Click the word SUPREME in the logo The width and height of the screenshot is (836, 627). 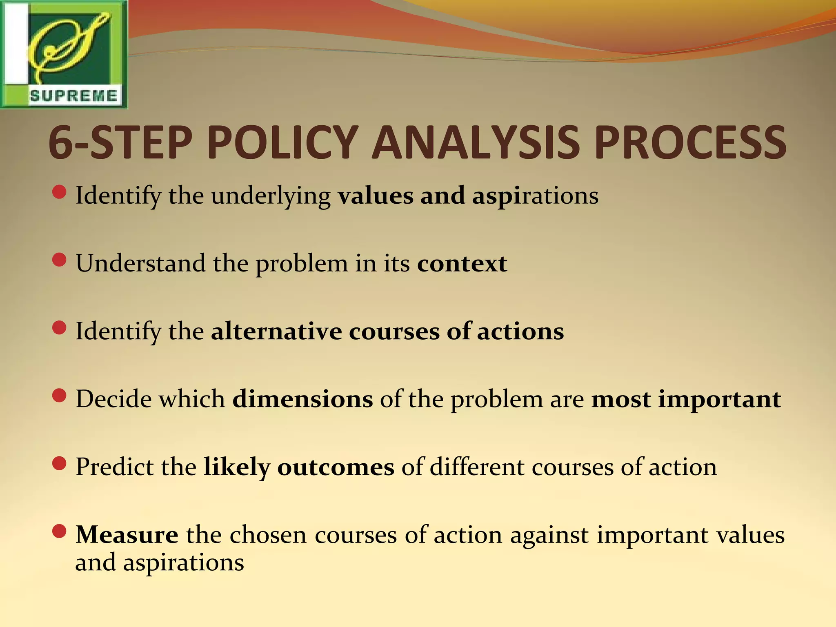73,96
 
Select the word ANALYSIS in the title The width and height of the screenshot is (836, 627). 476,142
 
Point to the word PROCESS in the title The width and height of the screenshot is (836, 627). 689,142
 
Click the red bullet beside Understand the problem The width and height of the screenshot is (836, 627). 60,260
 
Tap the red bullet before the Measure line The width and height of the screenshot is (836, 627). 60,531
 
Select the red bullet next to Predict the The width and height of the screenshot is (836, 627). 60,464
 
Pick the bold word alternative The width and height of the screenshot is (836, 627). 276,331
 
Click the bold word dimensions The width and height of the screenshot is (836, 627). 302,399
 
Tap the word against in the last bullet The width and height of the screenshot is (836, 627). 549,535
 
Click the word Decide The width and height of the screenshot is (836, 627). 113,399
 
